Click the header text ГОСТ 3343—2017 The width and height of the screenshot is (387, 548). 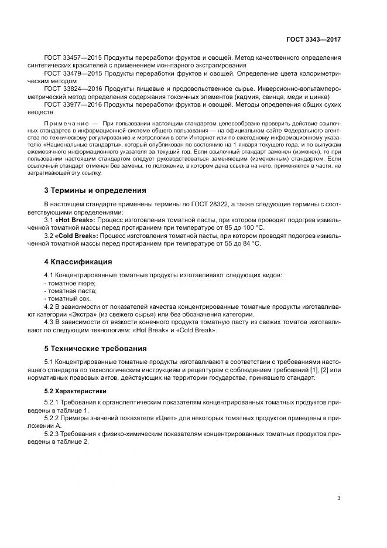point(313,39)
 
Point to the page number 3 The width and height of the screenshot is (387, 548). point(338,498)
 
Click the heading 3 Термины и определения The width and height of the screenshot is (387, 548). point(95,190)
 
